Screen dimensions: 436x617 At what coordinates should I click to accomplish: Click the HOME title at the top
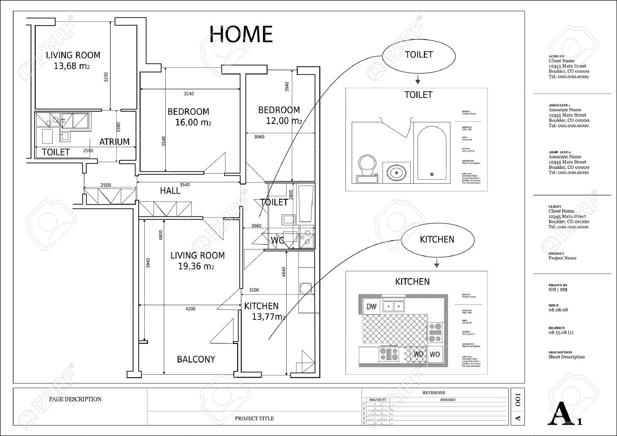[x=241, y=34]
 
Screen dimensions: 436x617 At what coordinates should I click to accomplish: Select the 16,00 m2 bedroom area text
[x=193, y=122]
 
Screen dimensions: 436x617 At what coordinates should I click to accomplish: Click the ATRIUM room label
[x=114, y=141]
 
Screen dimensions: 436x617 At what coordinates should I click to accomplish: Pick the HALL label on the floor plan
[x=170, y=191]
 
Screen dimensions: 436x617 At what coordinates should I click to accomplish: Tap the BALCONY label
[x=196, y=359]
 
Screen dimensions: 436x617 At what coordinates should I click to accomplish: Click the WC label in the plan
[x=277, y=240]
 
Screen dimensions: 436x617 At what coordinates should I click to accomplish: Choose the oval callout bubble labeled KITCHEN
[x=437, y=240]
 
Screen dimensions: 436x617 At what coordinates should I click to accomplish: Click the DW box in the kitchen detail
[x=371, y=307]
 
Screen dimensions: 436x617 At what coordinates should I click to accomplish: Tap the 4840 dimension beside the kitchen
[x=284, y=272]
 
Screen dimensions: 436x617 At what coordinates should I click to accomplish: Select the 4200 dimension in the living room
[x=190, y=309]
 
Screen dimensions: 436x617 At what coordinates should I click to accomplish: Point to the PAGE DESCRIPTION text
[x=75, y=399]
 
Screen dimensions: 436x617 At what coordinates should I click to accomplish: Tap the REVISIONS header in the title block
[x=433, y=392]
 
